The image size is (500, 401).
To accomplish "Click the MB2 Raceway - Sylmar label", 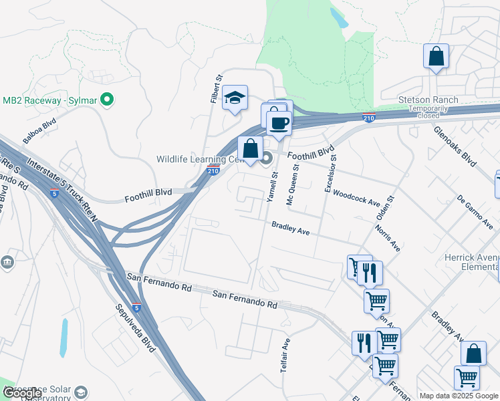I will (50, 100).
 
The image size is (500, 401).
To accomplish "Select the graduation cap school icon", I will (235, 98).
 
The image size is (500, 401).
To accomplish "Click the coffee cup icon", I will (279, 123).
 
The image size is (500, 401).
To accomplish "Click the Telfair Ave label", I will (287, 354).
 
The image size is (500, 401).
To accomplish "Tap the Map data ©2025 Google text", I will (459, 396).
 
